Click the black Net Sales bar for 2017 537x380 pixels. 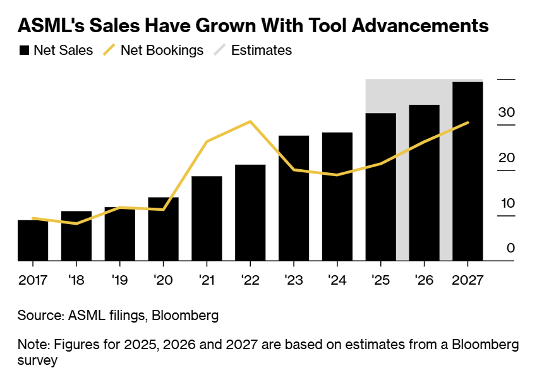(x=33, y=240)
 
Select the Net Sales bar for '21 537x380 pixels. (x=207, y=218)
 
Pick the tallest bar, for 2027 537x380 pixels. (x=468, y=171)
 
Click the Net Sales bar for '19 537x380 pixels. (x=120, y=234)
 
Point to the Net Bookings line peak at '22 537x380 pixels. (x=251, y=121)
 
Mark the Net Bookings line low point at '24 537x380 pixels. (x=337, y=175)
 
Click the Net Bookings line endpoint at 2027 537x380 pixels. (x=468, y=122)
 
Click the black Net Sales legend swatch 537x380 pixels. (x=25, y=50)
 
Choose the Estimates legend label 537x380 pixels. (x=262, y=50)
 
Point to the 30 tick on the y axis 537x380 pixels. (x=507, y=112)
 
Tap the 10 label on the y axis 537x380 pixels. (x=507, y=203)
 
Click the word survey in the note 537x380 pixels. (x=37, y=360)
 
